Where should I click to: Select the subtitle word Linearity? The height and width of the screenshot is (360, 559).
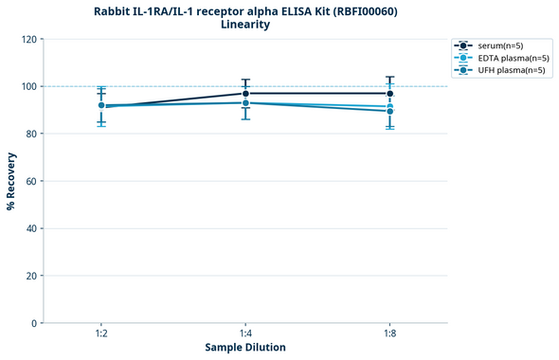pos(244,25)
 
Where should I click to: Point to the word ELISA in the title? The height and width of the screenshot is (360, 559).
pos(279,11)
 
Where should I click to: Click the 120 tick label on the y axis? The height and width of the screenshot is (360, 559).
pos(28,39)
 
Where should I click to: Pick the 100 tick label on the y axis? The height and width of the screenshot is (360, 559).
pos(28,86)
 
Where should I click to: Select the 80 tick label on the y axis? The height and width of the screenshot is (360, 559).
pos(31,134)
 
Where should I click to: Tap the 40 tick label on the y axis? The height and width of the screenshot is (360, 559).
pos(31,228)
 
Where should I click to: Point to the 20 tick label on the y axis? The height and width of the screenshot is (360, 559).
pos(31,276)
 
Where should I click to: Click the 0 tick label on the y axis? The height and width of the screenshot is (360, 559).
pos(34,323)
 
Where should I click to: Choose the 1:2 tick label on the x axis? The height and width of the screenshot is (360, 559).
pos(101,334)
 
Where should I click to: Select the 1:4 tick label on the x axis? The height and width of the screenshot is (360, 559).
pos(245,334)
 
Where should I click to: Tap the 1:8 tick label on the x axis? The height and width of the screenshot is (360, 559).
pos(389,334)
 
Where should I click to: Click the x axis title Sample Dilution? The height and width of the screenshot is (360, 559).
pos(245,348)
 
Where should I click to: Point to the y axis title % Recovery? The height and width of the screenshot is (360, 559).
pos(11,181)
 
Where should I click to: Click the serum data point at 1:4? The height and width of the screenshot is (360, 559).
pos(245,94)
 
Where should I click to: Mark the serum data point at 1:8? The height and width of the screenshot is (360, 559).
pos(389,94)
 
